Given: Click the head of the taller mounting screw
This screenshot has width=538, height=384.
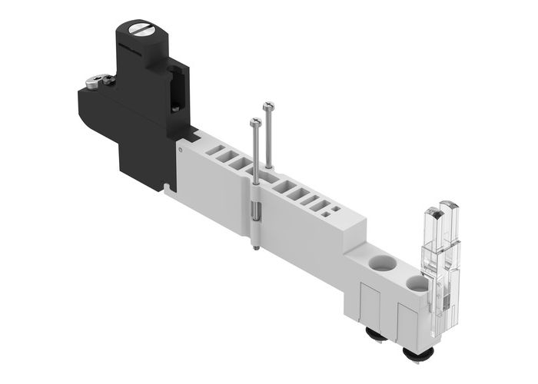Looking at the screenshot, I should coord(267,104).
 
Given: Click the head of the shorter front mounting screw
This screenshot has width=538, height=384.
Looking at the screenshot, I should coord(254,121).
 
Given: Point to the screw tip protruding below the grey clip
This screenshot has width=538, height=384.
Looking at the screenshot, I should coord(254,247).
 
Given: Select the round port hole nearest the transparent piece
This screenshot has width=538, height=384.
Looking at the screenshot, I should coord(416,285).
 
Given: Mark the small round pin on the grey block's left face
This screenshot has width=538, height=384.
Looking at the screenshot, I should coord(182,154).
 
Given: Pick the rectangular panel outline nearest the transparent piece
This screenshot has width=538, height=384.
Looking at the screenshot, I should coord(405,319).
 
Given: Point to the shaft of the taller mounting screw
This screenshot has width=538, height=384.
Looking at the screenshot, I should coord(267,138).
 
